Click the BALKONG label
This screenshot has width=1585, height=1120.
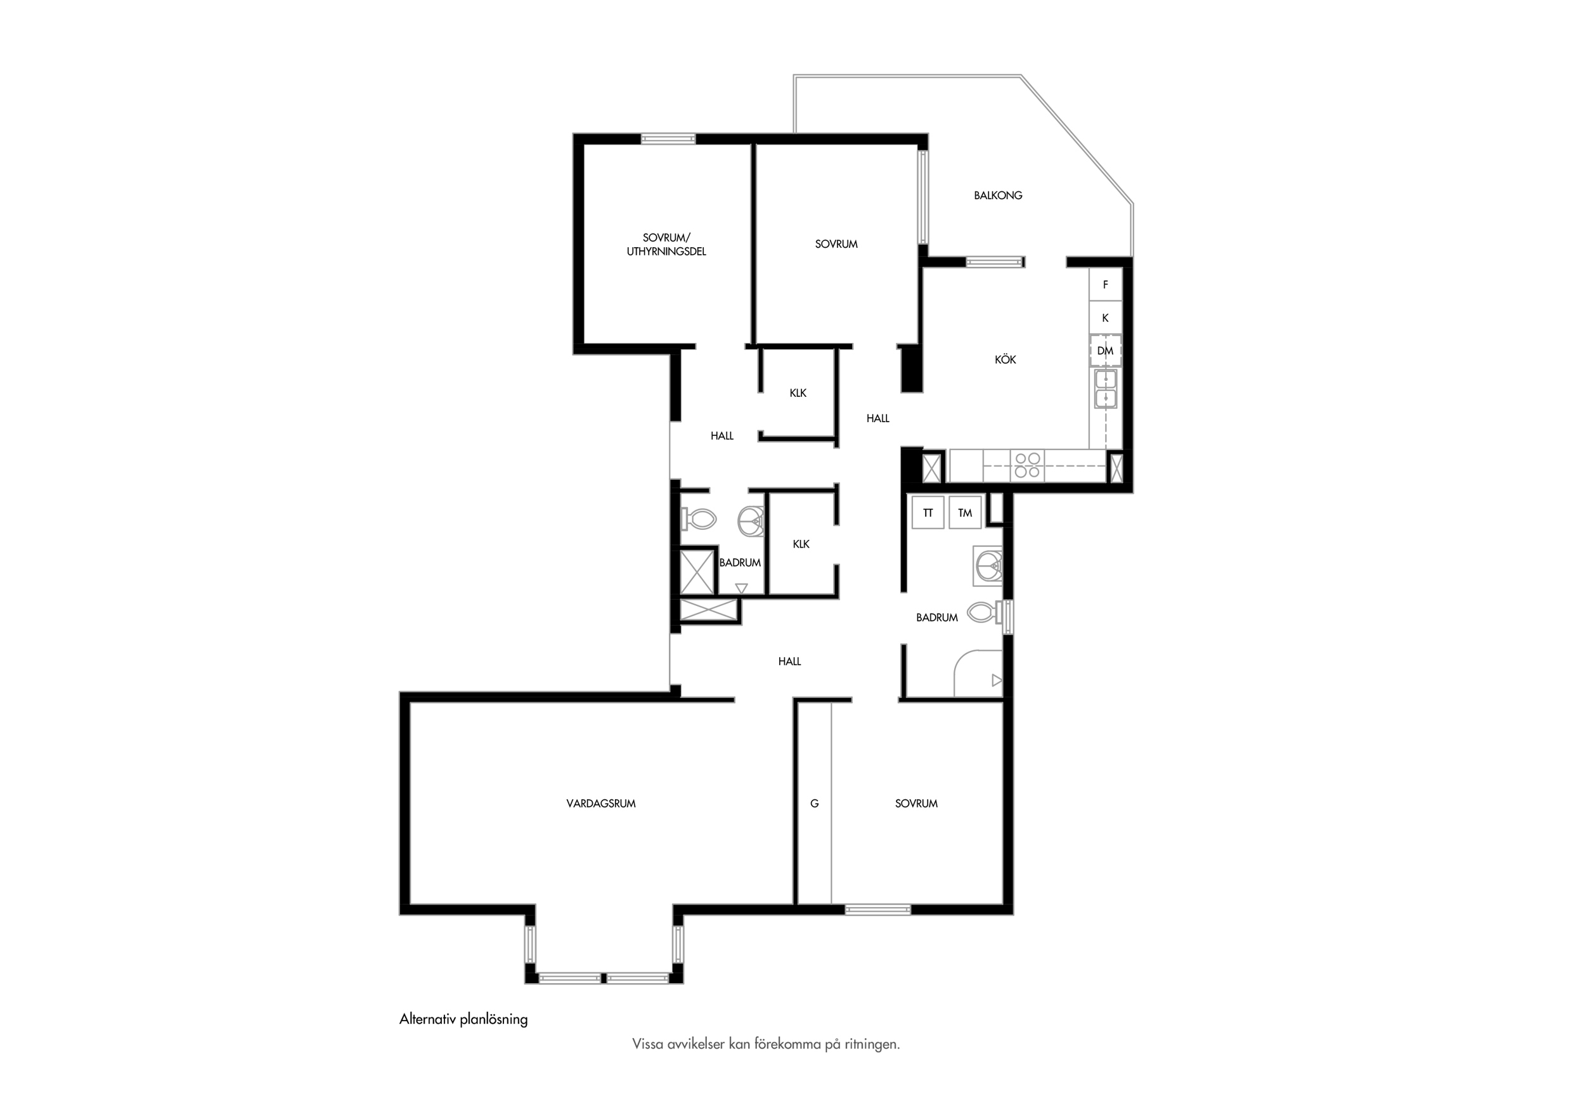(997, 195)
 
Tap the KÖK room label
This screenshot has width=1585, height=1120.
(1005, 359)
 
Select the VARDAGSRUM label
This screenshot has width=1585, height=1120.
(600, 803)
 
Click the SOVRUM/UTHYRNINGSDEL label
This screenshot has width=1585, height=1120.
(666, 244)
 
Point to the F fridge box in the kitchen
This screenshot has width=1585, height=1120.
(1105, 285)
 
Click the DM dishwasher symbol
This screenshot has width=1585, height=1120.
(1105, 351)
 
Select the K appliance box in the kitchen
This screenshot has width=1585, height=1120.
(1105, 318)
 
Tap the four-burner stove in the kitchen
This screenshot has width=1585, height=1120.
(1027, 465)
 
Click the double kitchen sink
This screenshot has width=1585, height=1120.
(1105, 389)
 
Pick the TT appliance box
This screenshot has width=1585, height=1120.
(928, 513)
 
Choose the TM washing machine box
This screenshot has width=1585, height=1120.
(965, 513)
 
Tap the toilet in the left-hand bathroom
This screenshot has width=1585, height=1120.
(699, 519)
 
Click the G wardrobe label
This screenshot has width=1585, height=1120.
(815, 803)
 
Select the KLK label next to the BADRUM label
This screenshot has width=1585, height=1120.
(801, 544)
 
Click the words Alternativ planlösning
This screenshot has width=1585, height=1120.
(463, 1019)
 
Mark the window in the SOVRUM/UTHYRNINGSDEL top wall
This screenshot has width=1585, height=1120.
(668, 139)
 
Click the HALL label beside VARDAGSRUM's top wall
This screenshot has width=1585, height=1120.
(790, 661)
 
